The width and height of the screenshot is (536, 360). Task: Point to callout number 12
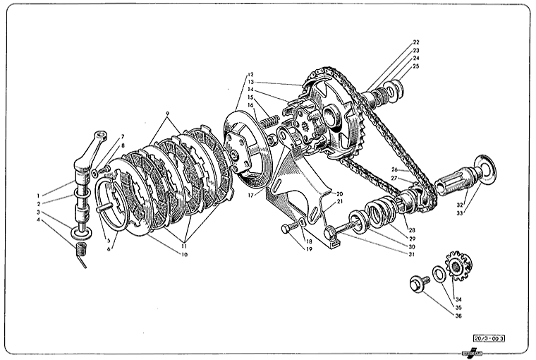tap(250, 74)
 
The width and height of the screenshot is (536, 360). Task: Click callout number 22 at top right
tap(416, 42)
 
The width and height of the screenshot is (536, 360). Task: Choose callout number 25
tap(416, 66)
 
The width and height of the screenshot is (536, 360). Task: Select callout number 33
tap(460, 213)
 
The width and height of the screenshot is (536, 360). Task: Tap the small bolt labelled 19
tap(289, 229)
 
